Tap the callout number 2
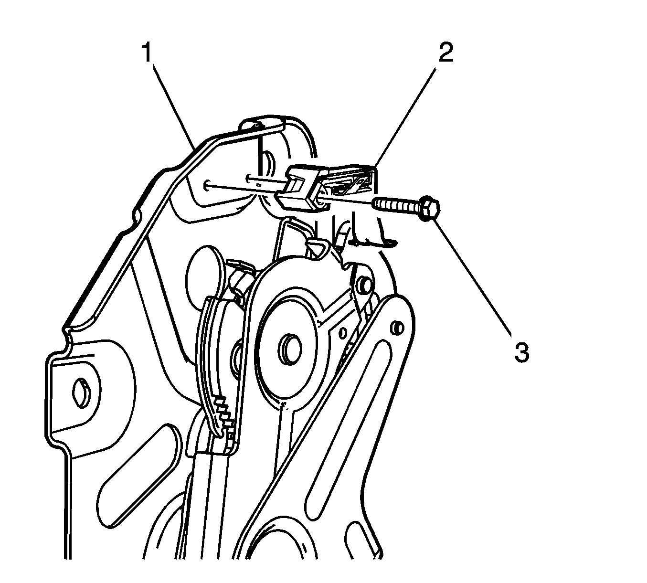click(x=446, y=52)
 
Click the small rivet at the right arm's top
click(x=397, y=328)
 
